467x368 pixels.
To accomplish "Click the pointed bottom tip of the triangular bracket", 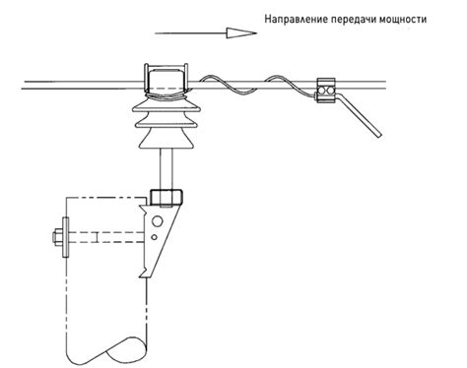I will (147, 276).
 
